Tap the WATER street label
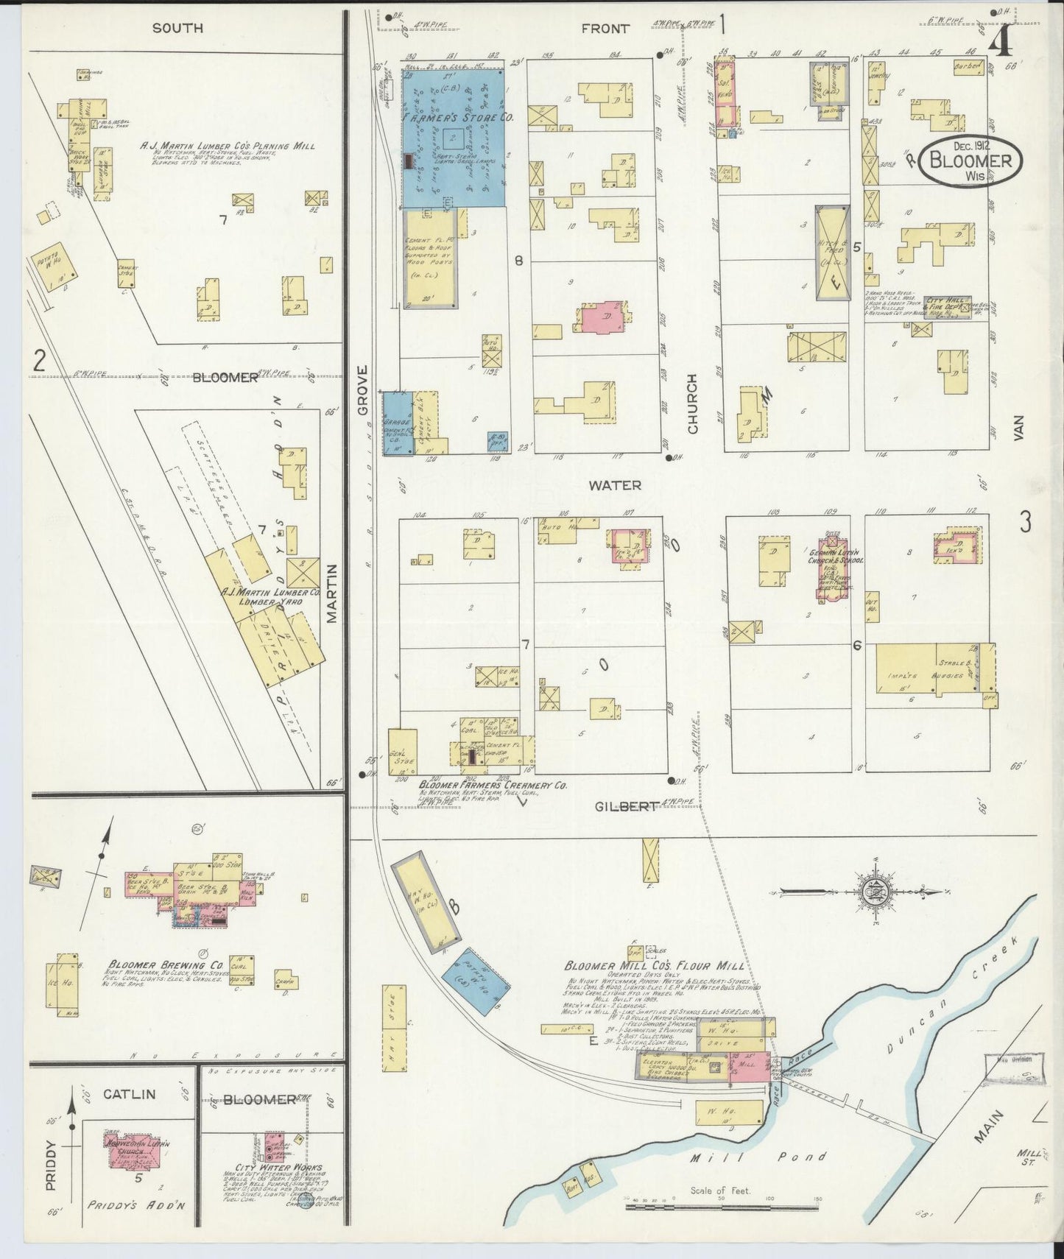tap(615, 485)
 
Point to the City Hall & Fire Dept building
tap(948, 305)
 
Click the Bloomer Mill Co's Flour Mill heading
tap(654, 965)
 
